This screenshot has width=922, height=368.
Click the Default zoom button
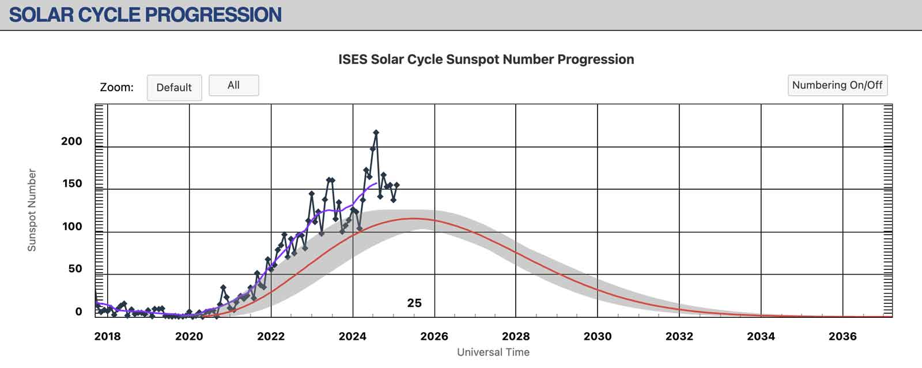click(174, 88)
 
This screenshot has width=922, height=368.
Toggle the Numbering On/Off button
click(837, 85)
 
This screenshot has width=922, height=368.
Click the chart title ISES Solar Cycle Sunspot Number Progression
click(486, 59)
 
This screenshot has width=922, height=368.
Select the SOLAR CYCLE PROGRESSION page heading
click(145, 14)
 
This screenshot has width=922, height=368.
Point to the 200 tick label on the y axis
click(71, 141)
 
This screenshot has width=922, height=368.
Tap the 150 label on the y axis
click(71, 184)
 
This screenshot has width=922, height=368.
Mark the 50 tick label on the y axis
click(75, 269)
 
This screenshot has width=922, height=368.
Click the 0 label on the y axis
click(78, 312)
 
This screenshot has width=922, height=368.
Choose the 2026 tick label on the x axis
click(434, 336)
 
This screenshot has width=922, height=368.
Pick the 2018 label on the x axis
click(107, 336)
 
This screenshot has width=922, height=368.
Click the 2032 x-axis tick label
click(679, 336)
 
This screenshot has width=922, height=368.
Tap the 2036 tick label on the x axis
click(842, 336)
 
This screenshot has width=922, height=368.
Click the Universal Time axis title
click(493, 352)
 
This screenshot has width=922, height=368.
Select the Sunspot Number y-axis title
click(32, 210)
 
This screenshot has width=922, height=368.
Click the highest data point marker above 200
click(376, 133)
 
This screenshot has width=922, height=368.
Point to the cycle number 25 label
click(414, 303)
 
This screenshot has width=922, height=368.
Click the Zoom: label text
click(116, 88)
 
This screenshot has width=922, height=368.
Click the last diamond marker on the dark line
click(396, 185)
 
